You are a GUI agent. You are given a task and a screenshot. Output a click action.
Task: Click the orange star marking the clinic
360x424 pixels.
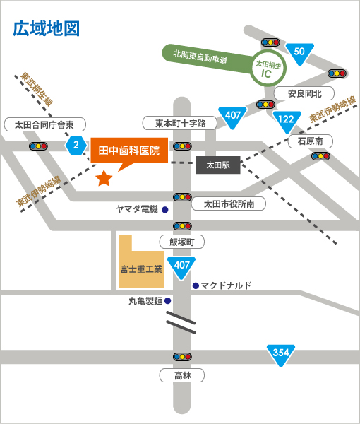pos(104,179)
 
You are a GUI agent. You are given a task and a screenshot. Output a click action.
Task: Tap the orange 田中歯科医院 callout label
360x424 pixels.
pos(129,151)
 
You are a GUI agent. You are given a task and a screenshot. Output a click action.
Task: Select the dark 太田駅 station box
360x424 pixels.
pos(218,165)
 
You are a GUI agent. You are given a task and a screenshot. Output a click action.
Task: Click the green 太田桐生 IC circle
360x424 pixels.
pos(268,69)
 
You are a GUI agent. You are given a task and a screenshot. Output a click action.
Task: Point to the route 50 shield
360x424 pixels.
pos(299,53)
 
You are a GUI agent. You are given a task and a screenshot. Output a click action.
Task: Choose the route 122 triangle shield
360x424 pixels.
pos(287,121)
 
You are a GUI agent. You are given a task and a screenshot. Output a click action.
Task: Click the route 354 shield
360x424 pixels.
pos(281,355)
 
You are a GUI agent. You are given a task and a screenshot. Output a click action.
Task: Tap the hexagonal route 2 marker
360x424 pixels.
pos(76,145)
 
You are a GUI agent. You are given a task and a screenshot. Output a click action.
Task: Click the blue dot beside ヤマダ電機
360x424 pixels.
pos(164,210)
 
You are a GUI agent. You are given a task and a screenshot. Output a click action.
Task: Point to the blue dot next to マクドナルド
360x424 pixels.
pos(196,285)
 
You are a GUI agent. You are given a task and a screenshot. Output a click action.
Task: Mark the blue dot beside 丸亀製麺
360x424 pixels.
pos(168,301)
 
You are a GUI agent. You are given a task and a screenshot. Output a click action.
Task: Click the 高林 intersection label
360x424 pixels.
pos(181,375)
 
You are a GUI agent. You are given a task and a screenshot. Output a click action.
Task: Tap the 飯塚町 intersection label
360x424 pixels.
pos(181,242)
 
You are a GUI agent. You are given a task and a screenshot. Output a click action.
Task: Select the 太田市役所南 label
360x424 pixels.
pos(229,204)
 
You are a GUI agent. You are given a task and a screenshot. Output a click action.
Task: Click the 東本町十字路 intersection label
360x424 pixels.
pos(180,123)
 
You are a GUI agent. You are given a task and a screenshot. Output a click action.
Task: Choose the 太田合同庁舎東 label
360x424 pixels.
pos(45,124)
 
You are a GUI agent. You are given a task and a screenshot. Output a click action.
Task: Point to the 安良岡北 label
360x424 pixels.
pos(304,93)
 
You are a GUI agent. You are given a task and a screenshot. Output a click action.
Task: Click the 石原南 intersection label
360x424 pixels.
pos(311,141)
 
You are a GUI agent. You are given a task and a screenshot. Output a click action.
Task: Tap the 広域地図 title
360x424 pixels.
pos(46,28)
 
